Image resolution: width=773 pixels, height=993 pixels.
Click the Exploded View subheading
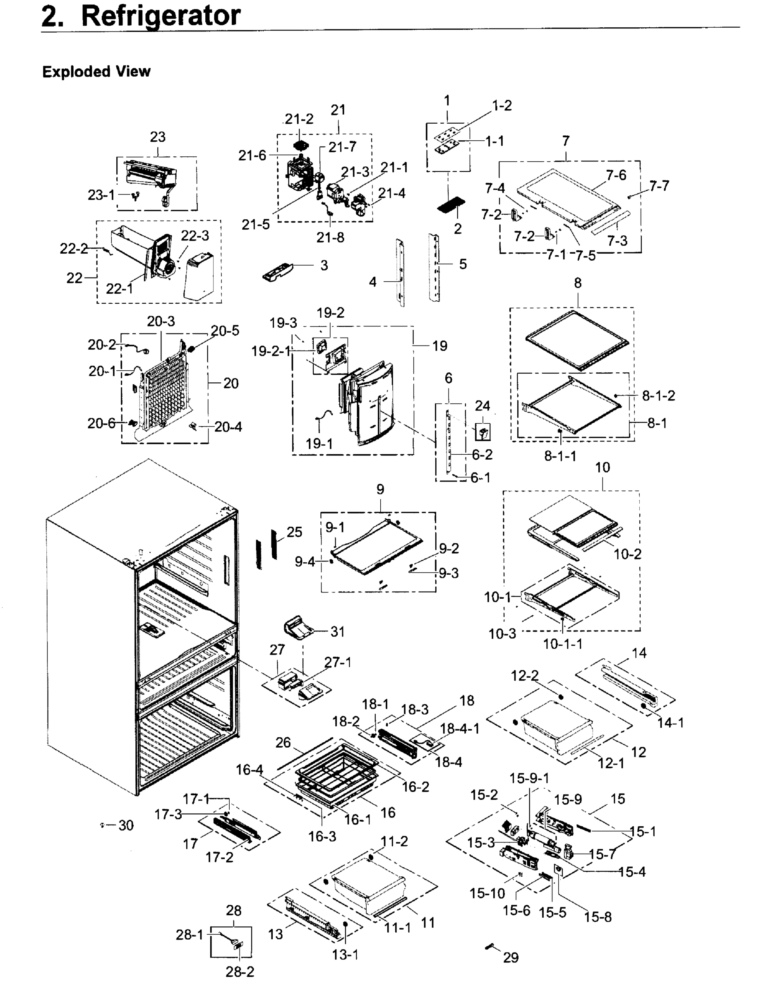[96, 72]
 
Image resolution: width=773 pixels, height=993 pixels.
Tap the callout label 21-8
[330, 237]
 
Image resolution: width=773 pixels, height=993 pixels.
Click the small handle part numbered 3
[278, 271]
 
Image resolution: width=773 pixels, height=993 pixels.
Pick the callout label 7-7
[659, 186]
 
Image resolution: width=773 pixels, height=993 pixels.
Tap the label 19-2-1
[271, 351]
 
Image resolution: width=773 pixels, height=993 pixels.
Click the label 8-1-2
[658, 396]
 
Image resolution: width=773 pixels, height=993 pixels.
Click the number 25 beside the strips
[294, 532]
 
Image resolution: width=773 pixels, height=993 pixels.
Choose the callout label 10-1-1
[562, 644]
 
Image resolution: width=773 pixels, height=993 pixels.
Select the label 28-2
[240, 971]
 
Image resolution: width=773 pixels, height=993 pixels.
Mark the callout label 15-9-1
[529, 778]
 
